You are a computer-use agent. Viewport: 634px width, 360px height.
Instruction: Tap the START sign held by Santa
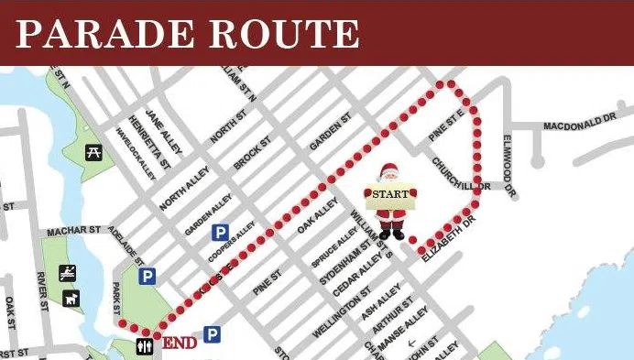pyautogui.click(x=391, y=195)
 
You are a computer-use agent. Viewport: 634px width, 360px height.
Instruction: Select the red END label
pyautogui.click(x=180, y=344)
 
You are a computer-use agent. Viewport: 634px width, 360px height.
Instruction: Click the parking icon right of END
pyautogui.click(x=213, y=335)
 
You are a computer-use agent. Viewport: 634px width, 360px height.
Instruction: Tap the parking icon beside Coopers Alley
pyautogui.click(x=220, y=234)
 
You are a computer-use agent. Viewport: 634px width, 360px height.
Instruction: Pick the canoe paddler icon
pyautogui.click(x=68, y=272)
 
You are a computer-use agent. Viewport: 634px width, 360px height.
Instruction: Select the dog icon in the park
pyautogui.click(x=71, y=298)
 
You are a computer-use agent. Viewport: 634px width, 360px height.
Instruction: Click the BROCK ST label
pyautogui.click(x=252, y=153)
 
